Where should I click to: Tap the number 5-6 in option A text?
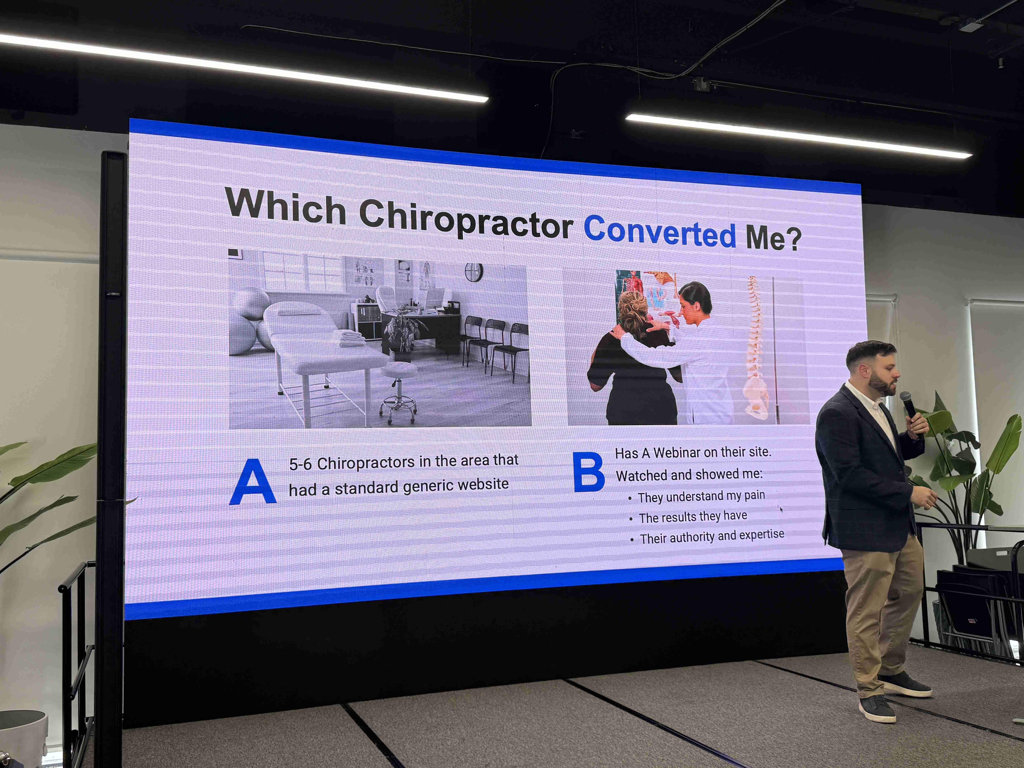(300, 464)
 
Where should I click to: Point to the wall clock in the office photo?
(474, 272)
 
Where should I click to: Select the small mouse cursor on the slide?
(781, 509)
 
